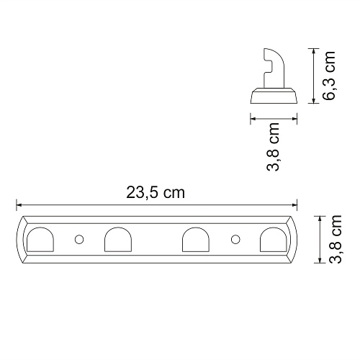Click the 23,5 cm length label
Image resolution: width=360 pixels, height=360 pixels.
click(156, 193)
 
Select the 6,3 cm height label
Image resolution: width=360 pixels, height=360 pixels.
click(329, 76)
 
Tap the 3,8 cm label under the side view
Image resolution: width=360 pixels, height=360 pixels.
click(273, 147)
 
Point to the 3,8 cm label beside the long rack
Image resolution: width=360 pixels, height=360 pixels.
click(336, 239)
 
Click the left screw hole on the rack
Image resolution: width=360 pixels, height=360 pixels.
click(79, 240)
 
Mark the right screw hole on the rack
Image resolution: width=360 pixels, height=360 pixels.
click(235, 239)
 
